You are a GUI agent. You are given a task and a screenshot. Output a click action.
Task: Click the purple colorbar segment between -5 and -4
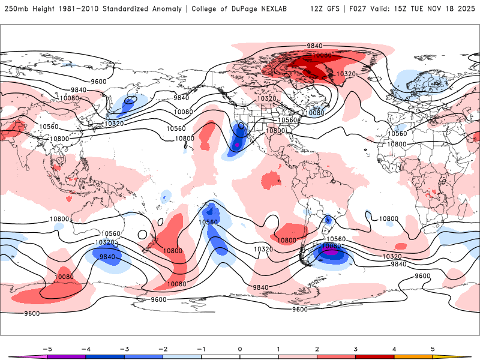[66, 356]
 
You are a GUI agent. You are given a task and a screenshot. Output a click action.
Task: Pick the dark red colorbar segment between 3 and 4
[374, 356]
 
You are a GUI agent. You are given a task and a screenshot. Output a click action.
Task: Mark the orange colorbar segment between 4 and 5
[413, 356]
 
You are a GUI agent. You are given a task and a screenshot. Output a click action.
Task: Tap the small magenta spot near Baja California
[237, 145]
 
